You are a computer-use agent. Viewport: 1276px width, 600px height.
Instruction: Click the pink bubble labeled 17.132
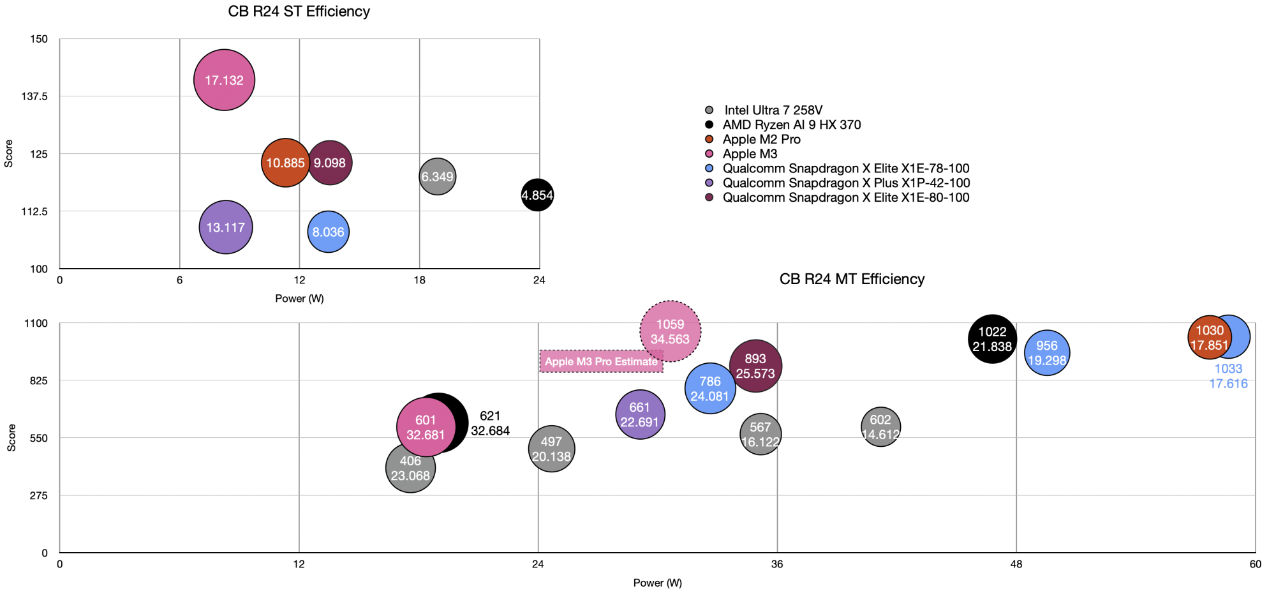coord(224,80)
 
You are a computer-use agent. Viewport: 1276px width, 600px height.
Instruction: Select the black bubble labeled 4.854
coord(537,195)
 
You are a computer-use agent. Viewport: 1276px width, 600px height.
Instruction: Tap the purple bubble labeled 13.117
coord(226,227)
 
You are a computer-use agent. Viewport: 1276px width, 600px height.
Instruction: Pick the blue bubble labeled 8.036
coord(328,232)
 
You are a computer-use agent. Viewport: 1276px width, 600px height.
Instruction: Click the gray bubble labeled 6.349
coord(437,176)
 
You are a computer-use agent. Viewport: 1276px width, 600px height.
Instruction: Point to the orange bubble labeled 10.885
coord(285,163)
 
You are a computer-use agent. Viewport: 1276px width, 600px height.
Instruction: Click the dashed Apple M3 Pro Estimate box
coord(601,361)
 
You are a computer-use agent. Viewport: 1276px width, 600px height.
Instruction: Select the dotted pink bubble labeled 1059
coord(670,331)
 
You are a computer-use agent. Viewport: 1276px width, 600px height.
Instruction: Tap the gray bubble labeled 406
coord(410,468)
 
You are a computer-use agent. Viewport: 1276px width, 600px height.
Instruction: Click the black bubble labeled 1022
coord(992,339)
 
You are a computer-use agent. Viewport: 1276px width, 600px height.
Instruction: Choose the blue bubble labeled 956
coord(1047,353)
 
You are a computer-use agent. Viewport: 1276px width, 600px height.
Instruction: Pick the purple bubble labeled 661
coord(640,415)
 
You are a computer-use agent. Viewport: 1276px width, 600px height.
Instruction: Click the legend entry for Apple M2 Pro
coord(761,139)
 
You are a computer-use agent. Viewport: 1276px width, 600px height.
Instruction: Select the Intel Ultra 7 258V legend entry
coord(773,110)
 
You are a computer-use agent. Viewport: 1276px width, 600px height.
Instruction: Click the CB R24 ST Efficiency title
coord(299,11)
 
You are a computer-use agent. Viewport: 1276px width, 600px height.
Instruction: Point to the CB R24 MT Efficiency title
coord(852,279)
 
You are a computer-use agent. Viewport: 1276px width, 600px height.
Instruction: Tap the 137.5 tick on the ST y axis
coord(35,96)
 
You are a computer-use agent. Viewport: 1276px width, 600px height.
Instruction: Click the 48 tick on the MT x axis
coord(1016,564)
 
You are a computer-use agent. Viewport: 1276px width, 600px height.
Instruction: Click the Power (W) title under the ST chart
coord(299,299)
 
